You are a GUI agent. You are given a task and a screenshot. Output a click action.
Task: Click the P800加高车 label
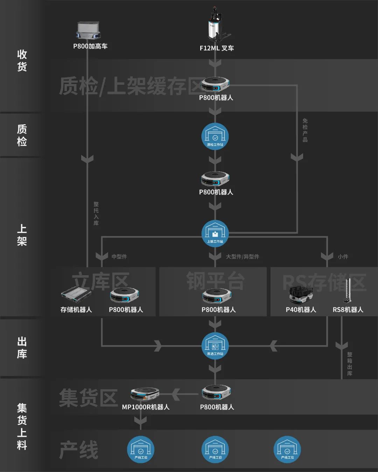[90, 46]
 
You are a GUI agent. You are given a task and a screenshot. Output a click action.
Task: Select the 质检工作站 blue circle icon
[215, 137]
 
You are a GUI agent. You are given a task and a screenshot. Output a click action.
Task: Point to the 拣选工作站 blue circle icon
[215, 346]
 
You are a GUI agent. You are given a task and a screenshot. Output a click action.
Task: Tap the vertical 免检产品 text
[305, 130]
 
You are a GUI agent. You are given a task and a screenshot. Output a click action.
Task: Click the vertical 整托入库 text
[96, 213]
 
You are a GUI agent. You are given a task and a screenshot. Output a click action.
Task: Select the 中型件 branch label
[119, 257]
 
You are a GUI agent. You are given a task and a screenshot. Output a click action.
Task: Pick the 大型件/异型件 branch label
[242, 257]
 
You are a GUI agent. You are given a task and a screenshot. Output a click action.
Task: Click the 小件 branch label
[343, 257]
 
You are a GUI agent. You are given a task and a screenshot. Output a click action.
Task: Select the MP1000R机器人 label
[145, 407]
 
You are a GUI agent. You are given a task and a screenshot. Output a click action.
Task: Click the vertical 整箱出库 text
[349, 364]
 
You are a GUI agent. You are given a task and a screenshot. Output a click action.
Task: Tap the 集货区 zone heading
[88, 398]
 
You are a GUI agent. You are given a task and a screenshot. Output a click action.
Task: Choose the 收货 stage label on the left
[22, 60]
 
